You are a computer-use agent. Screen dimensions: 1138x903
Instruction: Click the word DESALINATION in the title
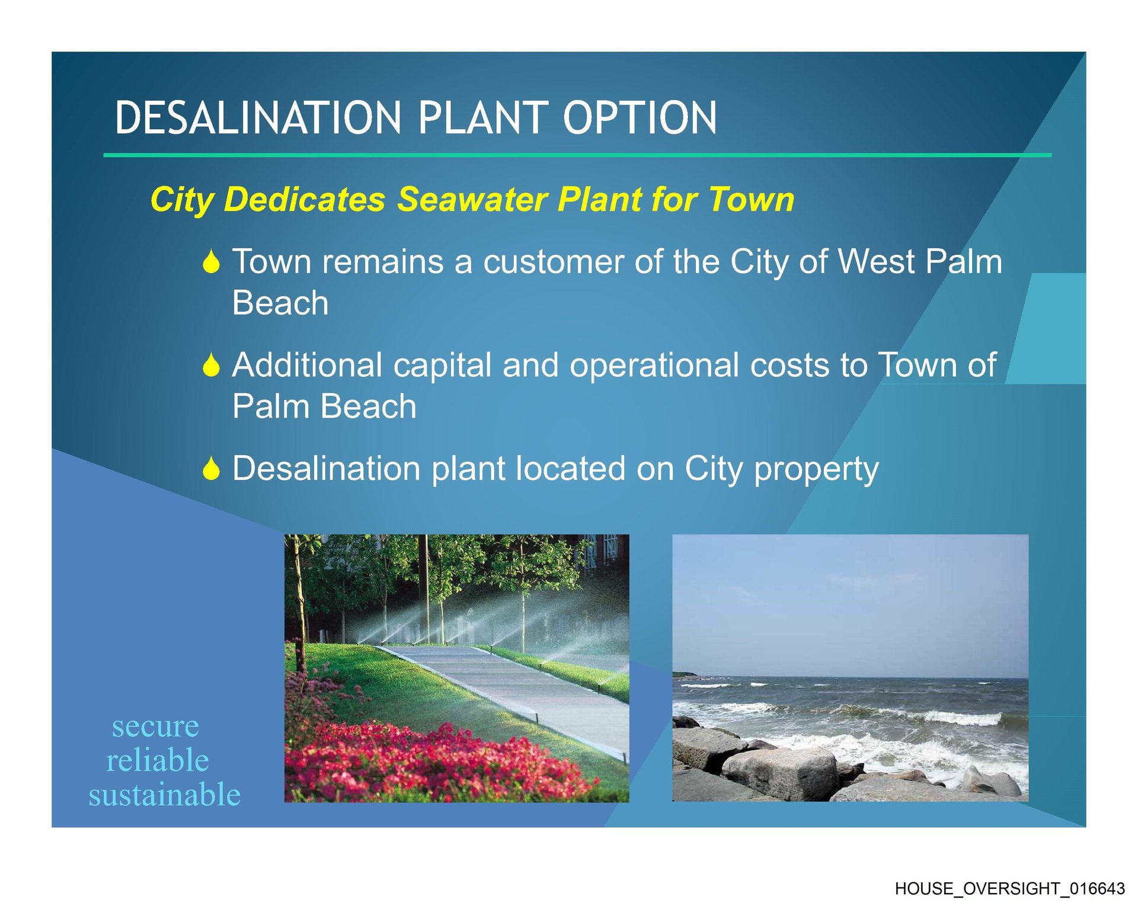tap(258, 117)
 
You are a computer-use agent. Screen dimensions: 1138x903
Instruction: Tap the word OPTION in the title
tap(640, 117)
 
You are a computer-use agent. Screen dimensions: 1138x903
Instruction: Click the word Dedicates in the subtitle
tap(305, 199)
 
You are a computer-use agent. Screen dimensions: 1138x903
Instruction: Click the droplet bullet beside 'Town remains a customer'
tap(211, 261)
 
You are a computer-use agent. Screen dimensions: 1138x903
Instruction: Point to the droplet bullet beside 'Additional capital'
tap(211, 364)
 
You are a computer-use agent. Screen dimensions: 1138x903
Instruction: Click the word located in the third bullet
tap(569, 469)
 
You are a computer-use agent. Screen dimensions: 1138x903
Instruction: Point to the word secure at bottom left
tap(155, 727)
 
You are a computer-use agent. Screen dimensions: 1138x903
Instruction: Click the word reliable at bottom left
tap(158, 760)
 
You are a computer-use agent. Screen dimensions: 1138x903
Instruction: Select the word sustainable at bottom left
tap(165, 795)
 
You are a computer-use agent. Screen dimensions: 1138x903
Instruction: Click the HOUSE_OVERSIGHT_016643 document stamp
tap(1009, 889)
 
